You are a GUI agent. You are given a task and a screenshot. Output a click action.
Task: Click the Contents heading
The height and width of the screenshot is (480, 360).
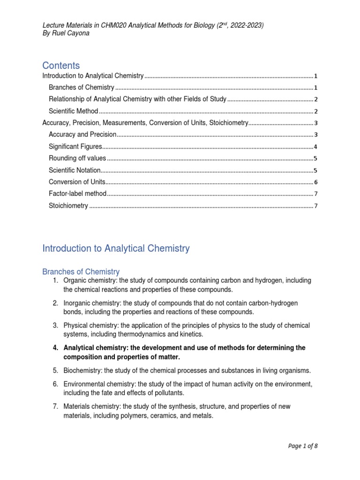(61, 65)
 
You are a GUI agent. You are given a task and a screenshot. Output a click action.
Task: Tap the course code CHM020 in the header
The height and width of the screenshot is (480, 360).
(123, 25)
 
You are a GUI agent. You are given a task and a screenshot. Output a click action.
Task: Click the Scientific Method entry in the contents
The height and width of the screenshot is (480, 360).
(74, 111)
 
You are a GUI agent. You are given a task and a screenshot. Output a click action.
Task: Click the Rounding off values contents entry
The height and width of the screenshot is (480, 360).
(77, 158)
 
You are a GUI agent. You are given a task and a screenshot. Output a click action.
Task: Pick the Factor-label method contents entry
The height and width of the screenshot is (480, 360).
(78, 194)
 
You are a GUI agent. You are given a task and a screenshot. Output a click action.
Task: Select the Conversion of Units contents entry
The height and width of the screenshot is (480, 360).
(77, 182)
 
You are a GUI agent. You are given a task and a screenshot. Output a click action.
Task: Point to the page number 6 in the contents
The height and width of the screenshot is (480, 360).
(316, 182)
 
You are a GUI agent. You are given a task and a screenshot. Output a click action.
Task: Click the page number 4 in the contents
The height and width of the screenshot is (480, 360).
(316, 147)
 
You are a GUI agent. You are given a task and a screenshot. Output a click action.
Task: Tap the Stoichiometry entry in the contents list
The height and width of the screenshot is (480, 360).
(68, 205)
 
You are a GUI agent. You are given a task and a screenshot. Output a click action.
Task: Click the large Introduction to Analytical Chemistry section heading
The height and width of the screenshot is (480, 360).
(116, 248)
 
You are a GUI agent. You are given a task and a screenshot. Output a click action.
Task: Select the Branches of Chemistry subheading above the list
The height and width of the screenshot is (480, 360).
(81, 272)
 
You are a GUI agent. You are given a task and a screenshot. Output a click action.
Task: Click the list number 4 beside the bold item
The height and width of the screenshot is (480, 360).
(55, 348)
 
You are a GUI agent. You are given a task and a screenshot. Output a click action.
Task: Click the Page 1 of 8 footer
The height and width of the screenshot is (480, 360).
(303, 446)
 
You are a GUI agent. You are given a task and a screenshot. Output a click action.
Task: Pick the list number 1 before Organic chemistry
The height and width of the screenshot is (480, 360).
(55, 280)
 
